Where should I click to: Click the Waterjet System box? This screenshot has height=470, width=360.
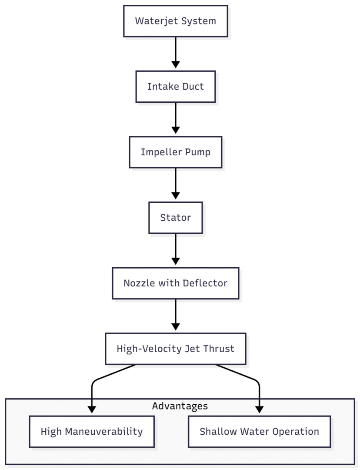click(175, 21)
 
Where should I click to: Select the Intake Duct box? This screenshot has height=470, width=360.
click(175, 87)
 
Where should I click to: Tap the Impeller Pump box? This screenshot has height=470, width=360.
click(175, 152)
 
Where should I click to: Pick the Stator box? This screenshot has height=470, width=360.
click(175, 218)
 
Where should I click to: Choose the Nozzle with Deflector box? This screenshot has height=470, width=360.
click(175, 283)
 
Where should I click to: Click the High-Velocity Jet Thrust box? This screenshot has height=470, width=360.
click(175, 349)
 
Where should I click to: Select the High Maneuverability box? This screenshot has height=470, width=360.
click(91, 432)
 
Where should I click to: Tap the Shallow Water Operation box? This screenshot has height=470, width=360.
click(259, 432)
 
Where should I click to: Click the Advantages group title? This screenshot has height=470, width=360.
click(180, 406)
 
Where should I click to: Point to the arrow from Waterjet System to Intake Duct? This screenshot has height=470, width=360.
click(175, 52)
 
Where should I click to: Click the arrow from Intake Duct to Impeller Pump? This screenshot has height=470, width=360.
click(175, 118)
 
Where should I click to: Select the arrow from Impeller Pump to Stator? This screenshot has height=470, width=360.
click(175, 183)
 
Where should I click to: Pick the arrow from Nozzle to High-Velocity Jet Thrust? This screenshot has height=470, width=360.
click(175, 315)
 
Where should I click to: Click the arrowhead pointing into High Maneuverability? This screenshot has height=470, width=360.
click(91, 409)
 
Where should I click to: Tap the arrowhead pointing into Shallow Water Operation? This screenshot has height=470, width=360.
click(260, 409)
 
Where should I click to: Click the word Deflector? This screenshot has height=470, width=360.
click(207, 283)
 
